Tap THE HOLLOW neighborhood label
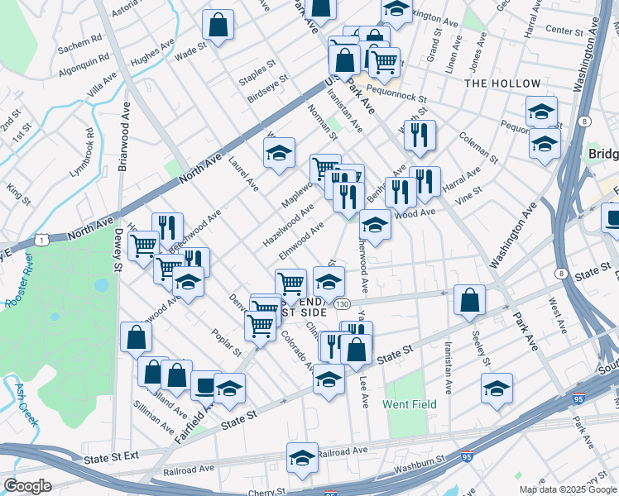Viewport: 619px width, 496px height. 502,83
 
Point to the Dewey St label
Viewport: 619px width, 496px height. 118,250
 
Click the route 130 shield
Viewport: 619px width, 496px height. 342,305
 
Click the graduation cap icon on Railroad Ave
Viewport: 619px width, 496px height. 303,456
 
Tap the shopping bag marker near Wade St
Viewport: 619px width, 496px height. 218,25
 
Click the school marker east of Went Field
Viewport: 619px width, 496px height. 497,388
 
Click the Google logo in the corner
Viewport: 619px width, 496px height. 27,486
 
